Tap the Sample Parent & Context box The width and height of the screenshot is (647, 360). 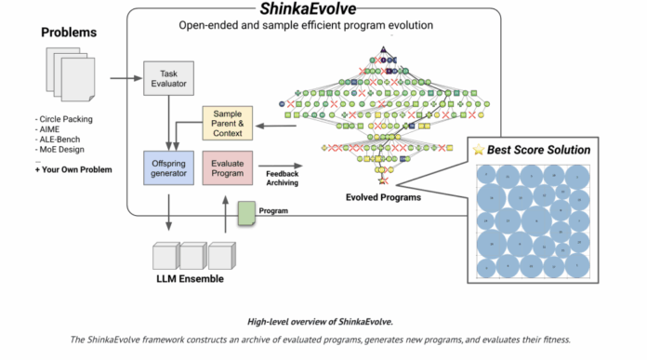click(229, 125)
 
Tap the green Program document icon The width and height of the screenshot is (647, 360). click(247, 214)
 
